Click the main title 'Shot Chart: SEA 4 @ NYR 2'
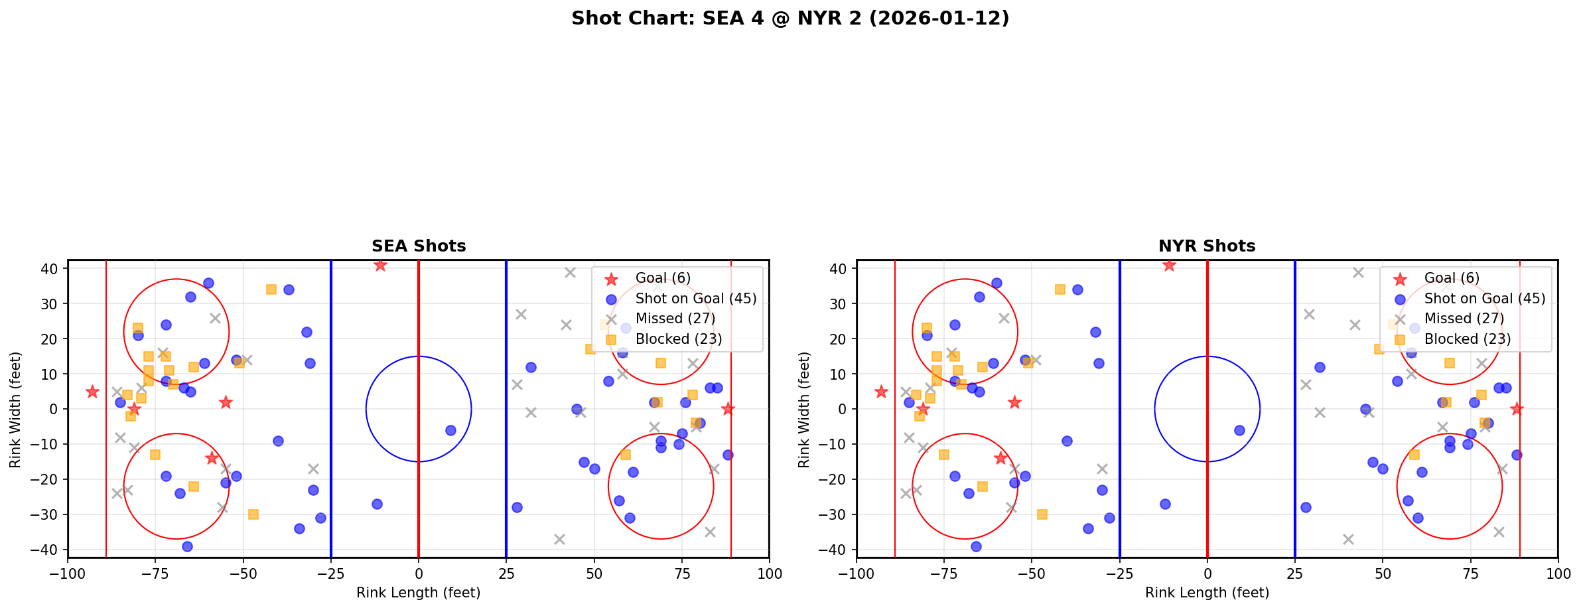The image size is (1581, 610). coord(790,19)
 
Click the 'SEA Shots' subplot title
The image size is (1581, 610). coord(419,246)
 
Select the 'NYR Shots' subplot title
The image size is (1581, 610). coord(1207,246)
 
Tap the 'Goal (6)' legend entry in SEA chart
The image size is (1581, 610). coord(663,278)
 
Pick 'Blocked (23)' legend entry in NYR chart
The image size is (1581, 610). coord(1467,339)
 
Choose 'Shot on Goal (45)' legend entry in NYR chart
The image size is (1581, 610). coord(1484,299)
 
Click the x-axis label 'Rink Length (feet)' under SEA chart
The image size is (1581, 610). coord(419,593)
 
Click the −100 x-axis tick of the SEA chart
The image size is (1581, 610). coord(68,573)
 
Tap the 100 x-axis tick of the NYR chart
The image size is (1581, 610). coord(1558,573)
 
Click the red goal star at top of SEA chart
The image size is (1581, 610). coord(380,266)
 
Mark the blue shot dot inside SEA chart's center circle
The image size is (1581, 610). coord(450,430)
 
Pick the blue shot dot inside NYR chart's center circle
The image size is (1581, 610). coord(1239,430)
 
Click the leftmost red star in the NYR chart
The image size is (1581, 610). coord(881,392)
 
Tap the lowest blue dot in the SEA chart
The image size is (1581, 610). coord(187,546)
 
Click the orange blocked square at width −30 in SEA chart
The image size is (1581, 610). coord(253,514)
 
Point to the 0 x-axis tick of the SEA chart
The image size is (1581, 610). coord(419,573)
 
